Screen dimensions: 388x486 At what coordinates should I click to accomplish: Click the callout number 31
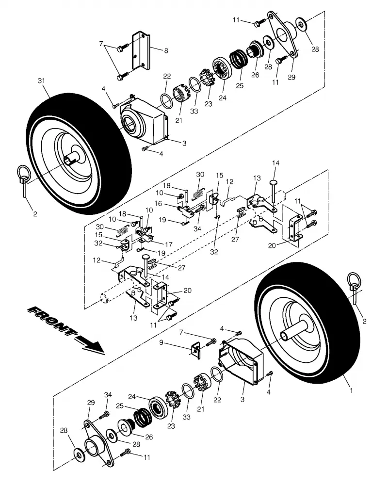point(42,81)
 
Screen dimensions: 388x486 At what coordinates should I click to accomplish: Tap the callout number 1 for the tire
point(352,390)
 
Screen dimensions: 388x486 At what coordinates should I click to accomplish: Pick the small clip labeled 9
point(196,351)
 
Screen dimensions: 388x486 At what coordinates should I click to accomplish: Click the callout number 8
point(166,50)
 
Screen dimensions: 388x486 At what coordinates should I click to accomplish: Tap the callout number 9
point(161,342)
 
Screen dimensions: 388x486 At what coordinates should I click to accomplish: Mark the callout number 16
point(159,204)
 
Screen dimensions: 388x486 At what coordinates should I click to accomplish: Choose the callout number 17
point(169,244)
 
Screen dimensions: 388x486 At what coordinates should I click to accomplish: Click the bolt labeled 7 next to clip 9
point(211,342)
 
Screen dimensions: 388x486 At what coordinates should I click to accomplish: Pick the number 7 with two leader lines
point(101,44)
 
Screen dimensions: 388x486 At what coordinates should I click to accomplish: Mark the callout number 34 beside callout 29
point(108,395)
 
